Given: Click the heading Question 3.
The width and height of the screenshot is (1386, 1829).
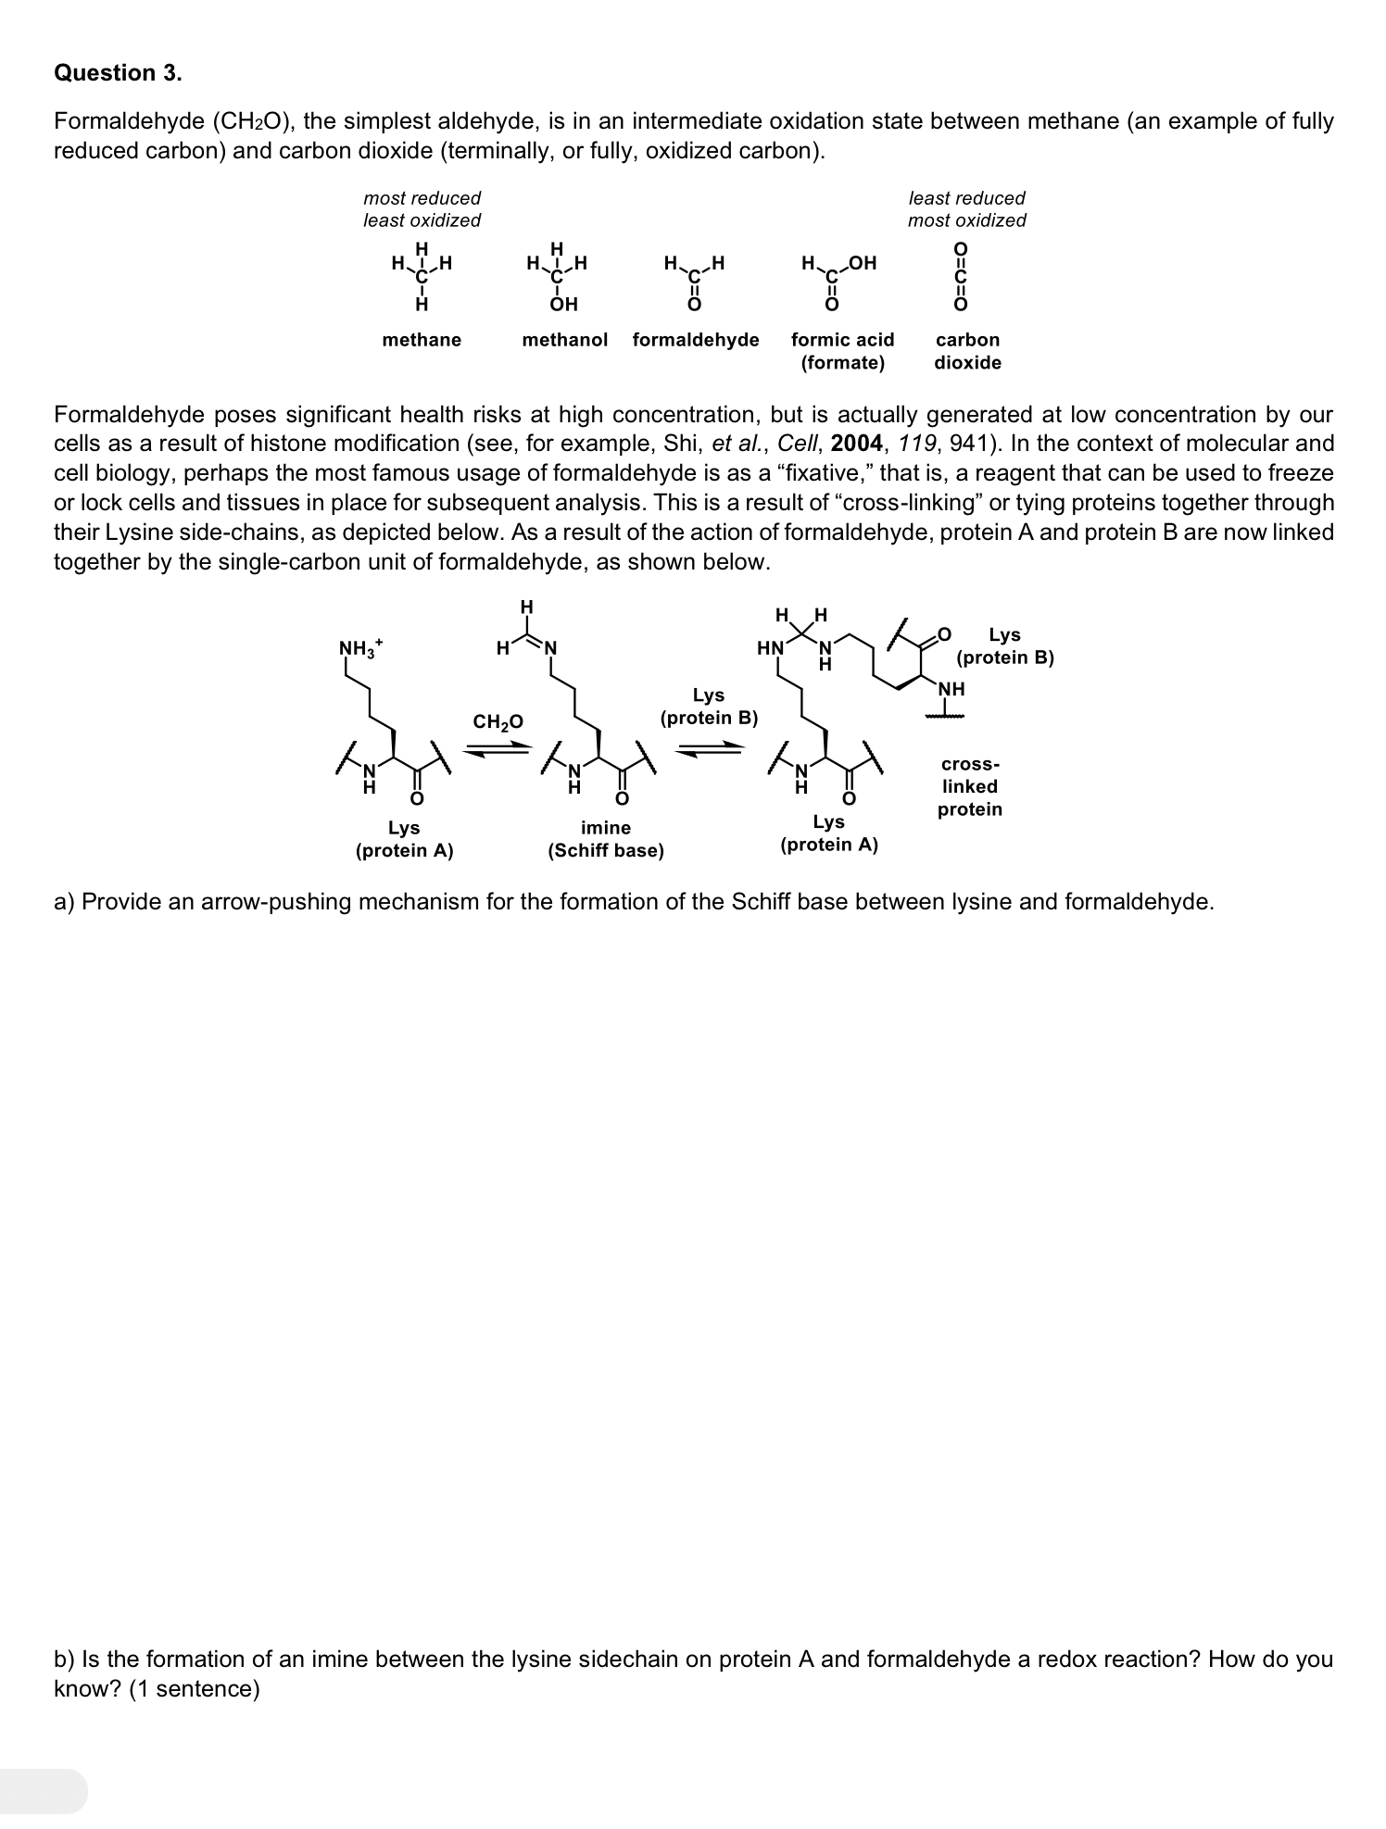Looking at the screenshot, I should [118, 73].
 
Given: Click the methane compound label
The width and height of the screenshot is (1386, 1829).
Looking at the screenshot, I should [422, 340].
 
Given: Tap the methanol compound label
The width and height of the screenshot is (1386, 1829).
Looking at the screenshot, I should [564, 340].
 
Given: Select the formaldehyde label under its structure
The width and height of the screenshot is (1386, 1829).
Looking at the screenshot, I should [695, 340].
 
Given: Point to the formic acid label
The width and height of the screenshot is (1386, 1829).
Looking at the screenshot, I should [842, 340].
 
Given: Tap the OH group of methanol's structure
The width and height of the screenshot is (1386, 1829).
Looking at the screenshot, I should [563, 304].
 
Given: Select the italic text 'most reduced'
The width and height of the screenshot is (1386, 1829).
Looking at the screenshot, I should [422, 198].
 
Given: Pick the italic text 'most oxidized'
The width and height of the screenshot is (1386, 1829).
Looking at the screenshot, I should [966, 220].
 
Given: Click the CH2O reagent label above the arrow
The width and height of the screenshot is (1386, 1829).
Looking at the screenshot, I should [498, 721].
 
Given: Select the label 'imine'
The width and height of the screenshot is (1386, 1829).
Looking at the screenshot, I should [605, 828].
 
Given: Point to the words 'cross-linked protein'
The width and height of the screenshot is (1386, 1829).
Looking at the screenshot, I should [969, 787].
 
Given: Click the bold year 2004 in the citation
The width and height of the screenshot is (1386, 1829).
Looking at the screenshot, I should [856, 444].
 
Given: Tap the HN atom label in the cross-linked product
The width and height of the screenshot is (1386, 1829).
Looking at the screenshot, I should [770, 647].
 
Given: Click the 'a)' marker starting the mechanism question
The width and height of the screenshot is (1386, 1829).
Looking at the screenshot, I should [64, 902].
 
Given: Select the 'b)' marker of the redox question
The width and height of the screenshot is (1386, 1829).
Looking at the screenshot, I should [64, 1659].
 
